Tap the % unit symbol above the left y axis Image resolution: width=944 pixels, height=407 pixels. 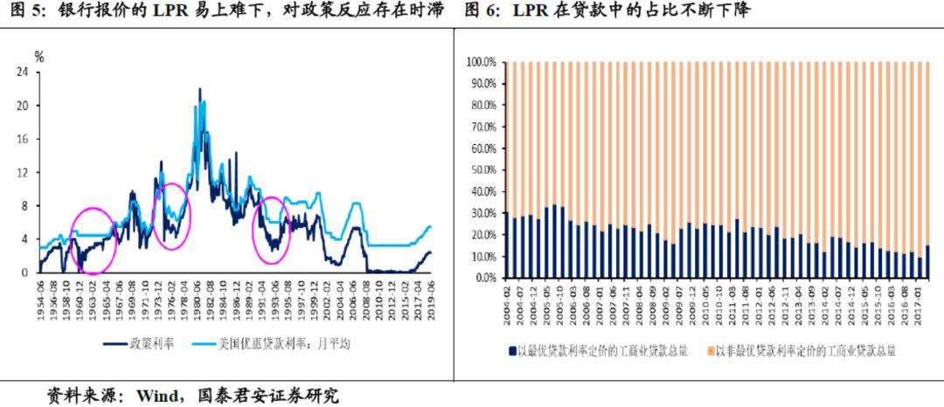pos(38,57)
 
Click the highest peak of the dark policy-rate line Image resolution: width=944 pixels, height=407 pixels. pos(199,89)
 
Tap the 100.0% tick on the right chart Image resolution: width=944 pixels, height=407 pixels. pos(482,63)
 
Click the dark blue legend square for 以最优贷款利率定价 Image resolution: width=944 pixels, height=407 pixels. pos(511,351)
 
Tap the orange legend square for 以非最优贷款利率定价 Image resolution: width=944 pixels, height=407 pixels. pos(710,351)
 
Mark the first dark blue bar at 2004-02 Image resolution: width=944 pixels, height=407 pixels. pos(507,245)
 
